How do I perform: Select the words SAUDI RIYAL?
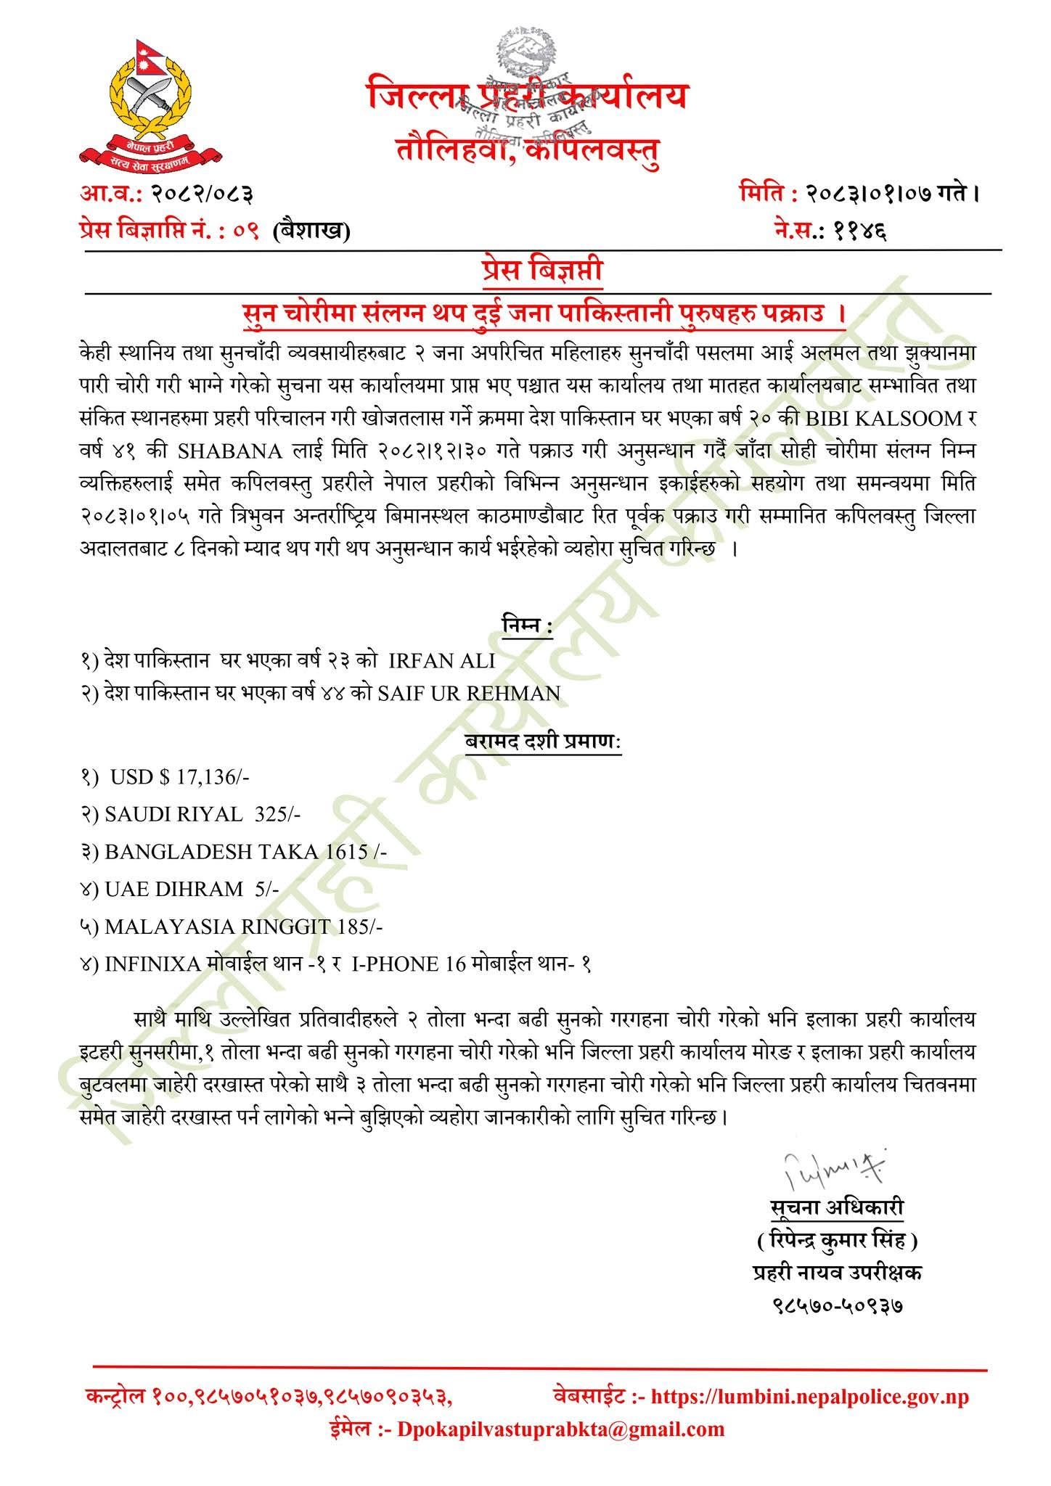pos(173,815)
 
